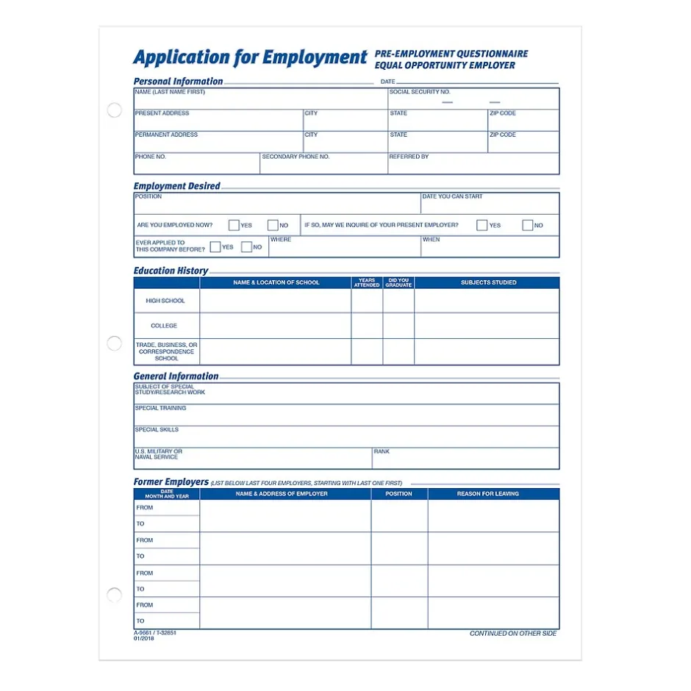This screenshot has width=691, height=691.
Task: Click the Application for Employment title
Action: (250, 58)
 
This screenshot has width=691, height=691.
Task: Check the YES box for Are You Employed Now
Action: (234, 226)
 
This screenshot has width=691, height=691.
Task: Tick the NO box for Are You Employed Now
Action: (273, 226)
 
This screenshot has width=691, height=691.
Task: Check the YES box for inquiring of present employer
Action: (481, 226)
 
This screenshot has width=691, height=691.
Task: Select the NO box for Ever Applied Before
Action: (247, 248)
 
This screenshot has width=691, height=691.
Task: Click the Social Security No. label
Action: (420, 93)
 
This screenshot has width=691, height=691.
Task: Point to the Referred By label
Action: (409, 157)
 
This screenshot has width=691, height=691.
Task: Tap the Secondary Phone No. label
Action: (296, 157)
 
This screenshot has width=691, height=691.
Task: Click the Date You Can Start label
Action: (452, 197)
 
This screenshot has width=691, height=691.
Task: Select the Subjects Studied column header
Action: (488, 282)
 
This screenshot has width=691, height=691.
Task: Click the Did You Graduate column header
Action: (398, 282)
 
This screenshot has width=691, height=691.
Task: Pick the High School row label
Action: (165, 301)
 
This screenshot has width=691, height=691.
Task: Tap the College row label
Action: (164, 326)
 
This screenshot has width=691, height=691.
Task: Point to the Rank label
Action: (382, 451)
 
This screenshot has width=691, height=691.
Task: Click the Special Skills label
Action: (157, 430)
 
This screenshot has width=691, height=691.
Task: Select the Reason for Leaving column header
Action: (487, 494)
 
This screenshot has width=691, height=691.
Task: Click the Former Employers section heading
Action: (171, 482)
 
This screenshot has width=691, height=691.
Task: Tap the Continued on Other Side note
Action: (513, 634)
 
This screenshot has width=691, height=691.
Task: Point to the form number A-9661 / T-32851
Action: (155, 633)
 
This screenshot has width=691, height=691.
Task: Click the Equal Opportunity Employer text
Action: (445, 65)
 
